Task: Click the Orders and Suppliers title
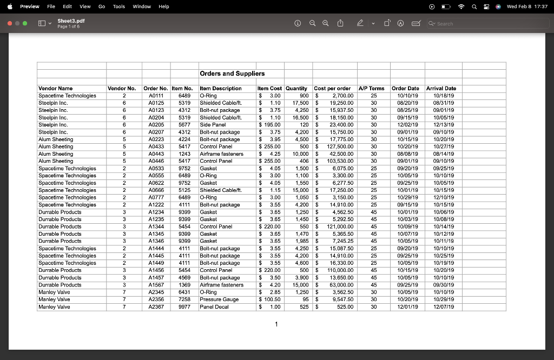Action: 232,74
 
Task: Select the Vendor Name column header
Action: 56,88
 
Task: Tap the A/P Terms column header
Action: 371,88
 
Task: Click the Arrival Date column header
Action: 441,88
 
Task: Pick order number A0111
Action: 156,96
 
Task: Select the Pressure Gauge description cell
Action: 219,299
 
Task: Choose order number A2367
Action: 156,307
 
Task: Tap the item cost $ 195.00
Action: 269,125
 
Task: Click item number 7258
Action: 184,299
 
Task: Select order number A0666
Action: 156,190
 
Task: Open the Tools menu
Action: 119,6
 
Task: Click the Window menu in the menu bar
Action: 142,6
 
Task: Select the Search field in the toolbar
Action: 460,24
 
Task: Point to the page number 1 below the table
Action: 276,324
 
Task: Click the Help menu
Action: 163,6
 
